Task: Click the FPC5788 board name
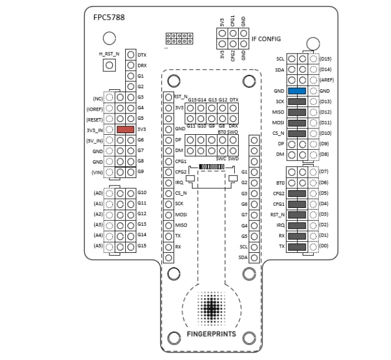coord(109,17)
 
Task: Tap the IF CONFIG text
coord(266,39)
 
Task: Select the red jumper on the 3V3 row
coord(125,130)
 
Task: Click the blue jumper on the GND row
coord(296,91)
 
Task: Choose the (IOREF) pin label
coord(95,108)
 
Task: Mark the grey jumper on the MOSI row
coord(296,123)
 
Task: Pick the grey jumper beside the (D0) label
coord(296,247)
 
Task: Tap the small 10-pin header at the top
coord(178,39)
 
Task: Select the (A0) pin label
coord(97,193)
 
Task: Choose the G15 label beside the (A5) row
coord(142,246)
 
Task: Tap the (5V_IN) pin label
coord(94,140)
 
